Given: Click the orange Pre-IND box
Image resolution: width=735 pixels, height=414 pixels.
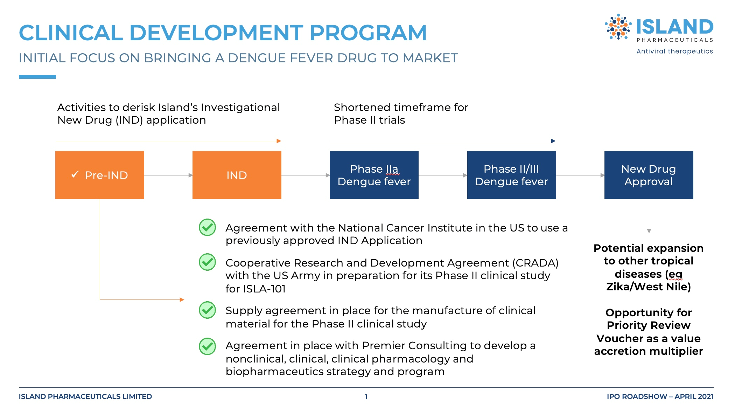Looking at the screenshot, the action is [x=100, y=175].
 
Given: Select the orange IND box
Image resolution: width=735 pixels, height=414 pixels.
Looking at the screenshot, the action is [x=237, y=175].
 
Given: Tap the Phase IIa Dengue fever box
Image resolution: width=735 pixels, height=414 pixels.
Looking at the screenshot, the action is [x=374, y=175].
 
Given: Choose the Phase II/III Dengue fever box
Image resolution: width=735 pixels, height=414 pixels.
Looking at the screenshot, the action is [x=511, y=175].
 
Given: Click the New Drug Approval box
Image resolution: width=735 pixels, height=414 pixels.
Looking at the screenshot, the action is [x=649, y=175].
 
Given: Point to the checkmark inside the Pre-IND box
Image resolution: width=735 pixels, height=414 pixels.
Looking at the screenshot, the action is [x=75, y=174].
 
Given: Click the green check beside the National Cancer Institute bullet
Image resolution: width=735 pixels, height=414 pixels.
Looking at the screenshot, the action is [x=208, y=227].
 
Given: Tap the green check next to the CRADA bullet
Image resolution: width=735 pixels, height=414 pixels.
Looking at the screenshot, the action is [x=208, y=262].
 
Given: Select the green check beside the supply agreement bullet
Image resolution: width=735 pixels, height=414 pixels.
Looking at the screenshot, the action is [x=208, y=310].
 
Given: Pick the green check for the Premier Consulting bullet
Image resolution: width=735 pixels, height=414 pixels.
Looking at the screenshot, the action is [x=208, y=346].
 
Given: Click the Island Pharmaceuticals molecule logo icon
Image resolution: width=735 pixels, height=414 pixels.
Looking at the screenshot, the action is [x=618, y=27].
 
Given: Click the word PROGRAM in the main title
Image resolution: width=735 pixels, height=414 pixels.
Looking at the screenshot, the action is [x=368, y=33].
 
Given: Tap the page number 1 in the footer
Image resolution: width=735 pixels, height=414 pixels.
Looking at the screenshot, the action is [x=366, y=397].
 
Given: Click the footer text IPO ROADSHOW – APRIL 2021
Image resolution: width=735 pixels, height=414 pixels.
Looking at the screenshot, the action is [x=660, y=396].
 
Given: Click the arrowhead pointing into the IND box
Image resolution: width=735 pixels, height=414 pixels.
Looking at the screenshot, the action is [x=190, y=175].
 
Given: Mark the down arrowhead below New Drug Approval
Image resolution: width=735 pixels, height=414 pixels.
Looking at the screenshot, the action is [x=649, y=231].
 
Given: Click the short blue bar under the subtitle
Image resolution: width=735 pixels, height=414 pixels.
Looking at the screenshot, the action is [x=37, y=77].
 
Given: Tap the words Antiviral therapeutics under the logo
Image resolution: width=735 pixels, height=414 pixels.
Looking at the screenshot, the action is [x=675, y=51].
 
